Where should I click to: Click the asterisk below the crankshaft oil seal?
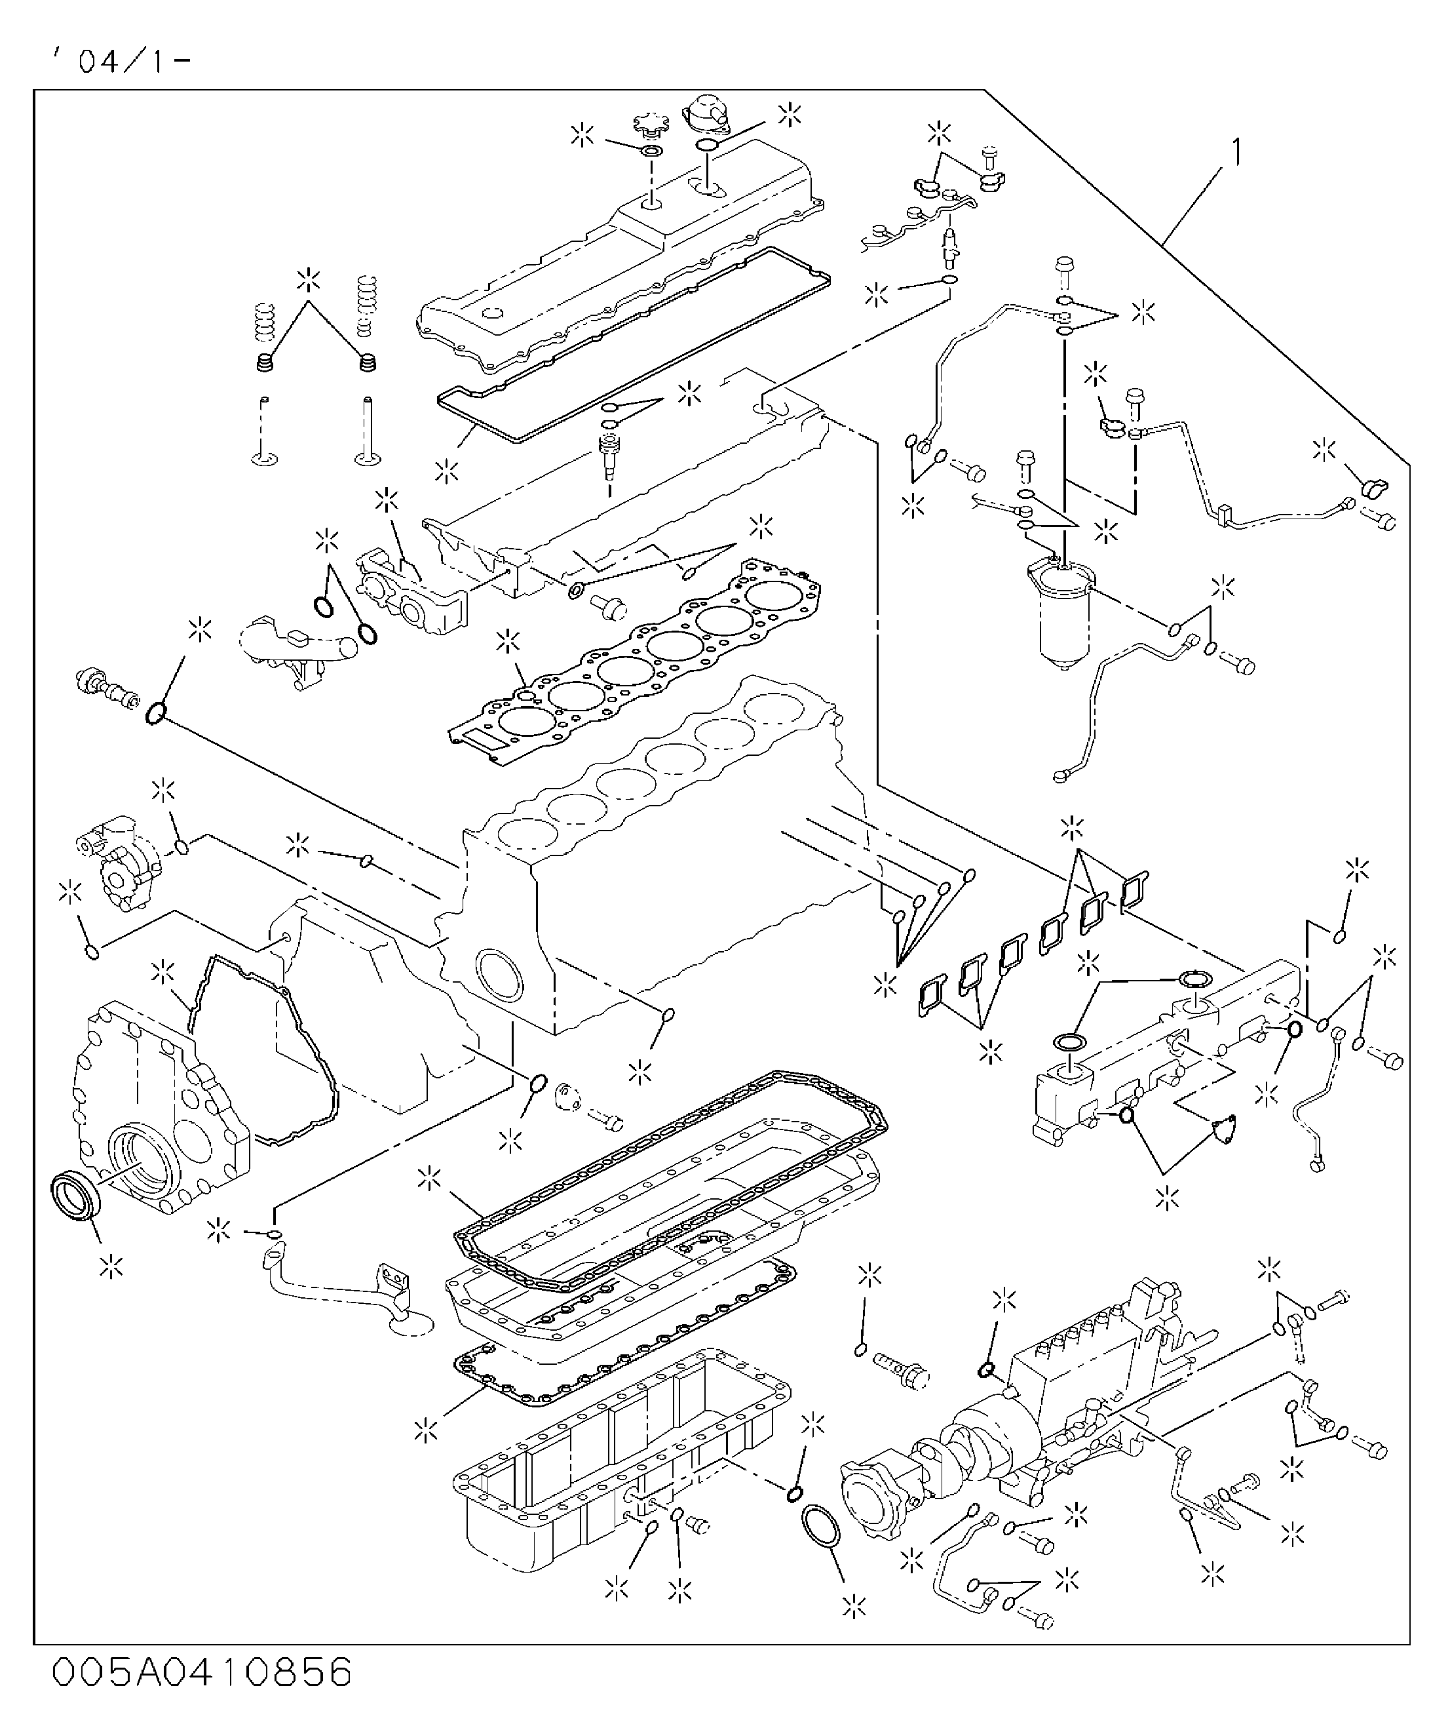coord(111,1266)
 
